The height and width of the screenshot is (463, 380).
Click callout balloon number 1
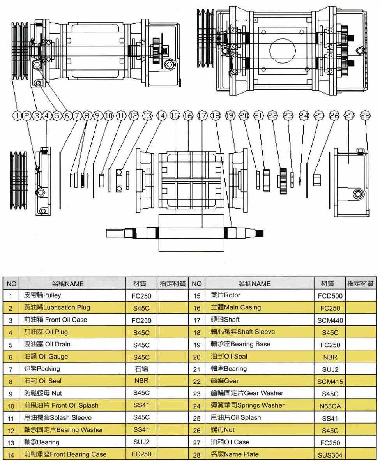point(17,115)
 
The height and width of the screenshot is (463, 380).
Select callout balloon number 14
point(161,115)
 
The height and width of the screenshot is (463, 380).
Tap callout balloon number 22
point(272,115)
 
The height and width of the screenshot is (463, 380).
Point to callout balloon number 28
point(365,115)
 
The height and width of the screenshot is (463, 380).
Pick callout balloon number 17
point(202,115)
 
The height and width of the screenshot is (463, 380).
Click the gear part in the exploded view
point(283,181)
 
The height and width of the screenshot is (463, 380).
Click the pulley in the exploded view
point(19,180)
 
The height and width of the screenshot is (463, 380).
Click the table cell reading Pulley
point(72,295)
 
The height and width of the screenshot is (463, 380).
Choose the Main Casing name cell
point(260,307)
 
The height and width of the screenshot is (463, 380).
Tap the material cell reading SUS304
point(330,455)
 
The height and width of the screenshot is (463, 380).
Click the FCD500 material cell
point(330,295)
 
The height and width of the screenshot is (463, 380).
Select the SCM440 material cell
point(330,320)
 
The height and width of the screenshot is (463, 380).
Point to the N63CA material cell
point(330,406)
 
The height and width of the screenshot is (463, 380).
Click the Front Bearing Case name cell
point(72,454)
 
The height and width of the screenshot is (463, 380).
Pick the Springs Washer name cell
point(260,405)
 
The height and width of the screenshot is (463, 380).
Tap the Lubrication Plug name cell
point(72,307)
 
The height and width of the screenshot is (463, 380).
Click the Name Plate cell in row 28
point(260,454)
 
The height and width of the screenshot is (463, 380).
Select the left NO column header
point(11,283)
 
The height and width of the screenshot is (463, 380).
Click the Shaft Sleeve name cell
point(260,332)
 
